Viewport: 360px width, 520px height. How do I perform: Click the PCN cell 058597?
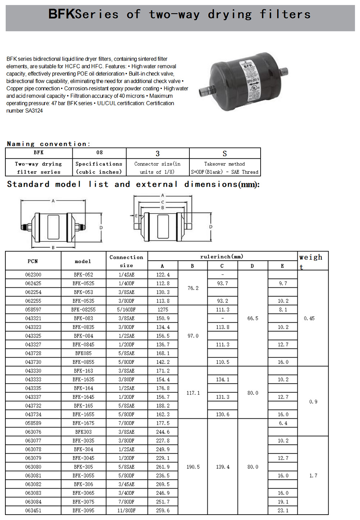33,310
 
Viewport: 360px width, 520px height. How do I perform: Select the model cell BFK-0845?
84,345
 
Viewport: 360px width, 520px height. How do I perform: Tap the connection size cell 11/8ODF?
126,511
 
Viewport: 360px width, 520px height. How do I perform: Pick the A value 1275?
163,310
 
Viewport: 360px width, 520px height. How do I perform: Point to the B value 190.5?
193,467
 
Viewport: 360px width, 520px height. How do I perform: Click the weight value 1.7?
313,476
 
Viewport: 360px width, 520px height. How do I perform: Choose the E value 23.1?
283,511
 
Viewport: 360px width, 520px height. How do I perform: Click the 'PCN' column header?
33,261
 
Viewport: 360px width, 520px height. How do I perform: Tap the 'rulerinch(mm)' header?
222,257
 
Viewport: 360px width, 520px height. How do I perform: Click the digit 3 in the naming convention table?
157,154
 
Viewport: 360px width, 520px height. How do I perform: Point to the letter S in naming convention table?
225,154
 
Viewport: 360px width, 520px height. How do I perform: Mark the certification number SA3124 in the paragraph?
34,111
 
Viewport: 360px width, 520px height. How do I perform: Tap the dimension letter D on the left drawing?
101,228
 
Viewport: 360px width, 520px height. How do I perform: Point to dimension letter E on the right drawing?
136,216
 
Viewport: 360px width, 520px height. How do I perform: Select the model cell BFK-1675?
84,423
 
